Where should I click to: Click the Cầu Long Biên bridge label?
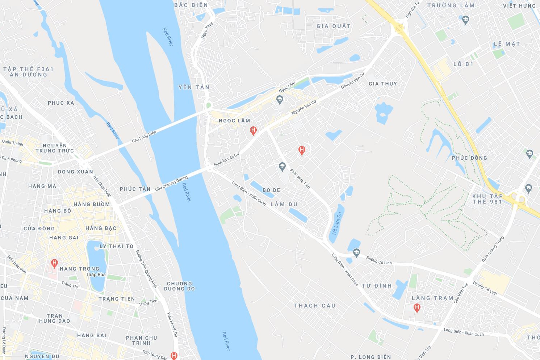click(144, 136)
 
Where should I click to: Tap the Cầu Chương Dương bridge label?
click(171, 183)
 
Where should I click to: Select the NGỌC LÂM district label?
click(234, 121)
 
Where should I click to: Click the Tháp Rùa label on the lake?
click(96, 275)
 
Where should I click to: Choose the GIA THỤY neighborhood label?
click(383, 84)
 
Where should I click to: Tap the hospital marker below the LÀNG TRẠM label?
click(417, 308)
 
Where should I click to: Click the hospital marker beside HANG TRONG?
click(54, 263)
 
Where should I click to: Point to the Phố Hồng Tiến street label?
click(300, 179)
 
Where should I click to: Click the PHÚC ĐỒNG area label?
click(469, 158)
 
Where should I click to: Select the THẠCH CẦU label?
click(315, 306)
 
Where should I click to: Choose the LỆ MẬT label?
click(507, 44)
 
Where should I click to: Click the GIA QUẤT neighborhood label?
click(334, 26)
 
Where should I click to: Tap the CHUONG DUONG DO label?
click(179, 286)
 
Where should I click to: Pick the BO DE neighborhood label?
click(271, 190)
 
